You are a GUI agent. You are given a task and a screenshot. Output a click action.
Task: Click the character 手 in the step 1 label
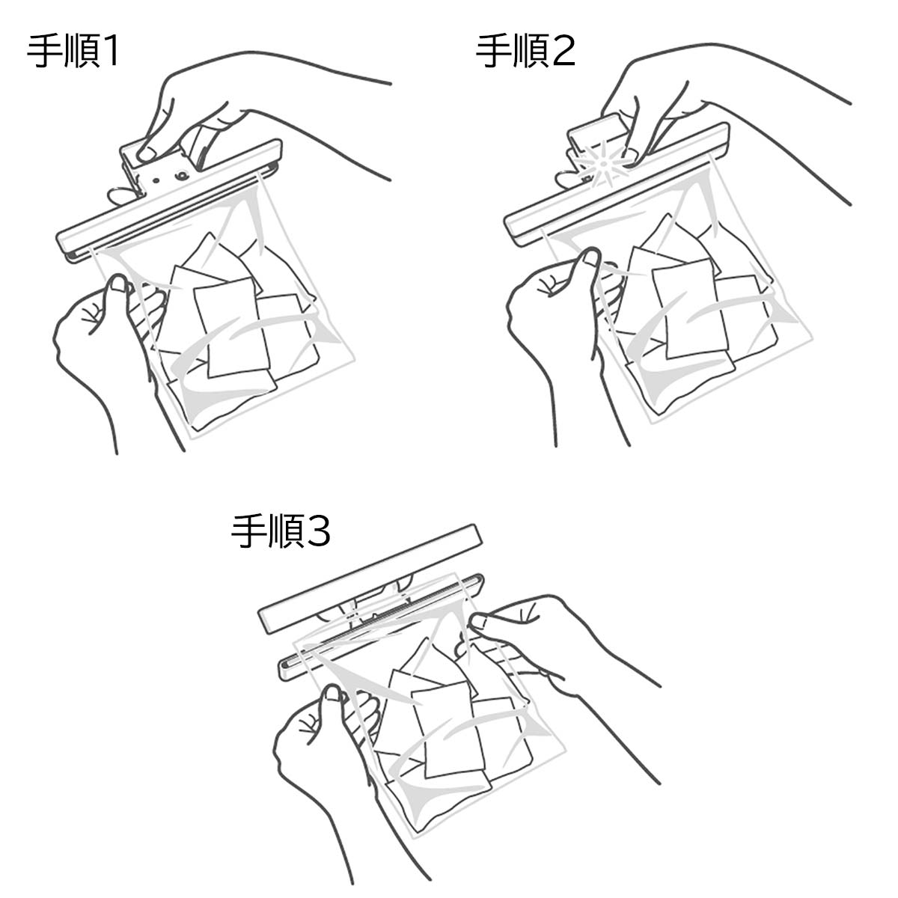click(x=43, y=53)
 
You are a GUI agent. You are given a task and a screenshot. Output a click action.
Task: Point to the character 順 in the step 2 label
click(x=527, y=53)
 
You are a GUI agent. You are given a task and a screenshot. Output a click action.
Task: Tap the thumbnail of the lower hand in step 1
click(x=116, y=283)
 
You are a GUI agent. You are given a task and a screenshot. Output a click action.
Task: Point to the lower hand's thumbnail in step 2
click(x=591, y=259)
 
